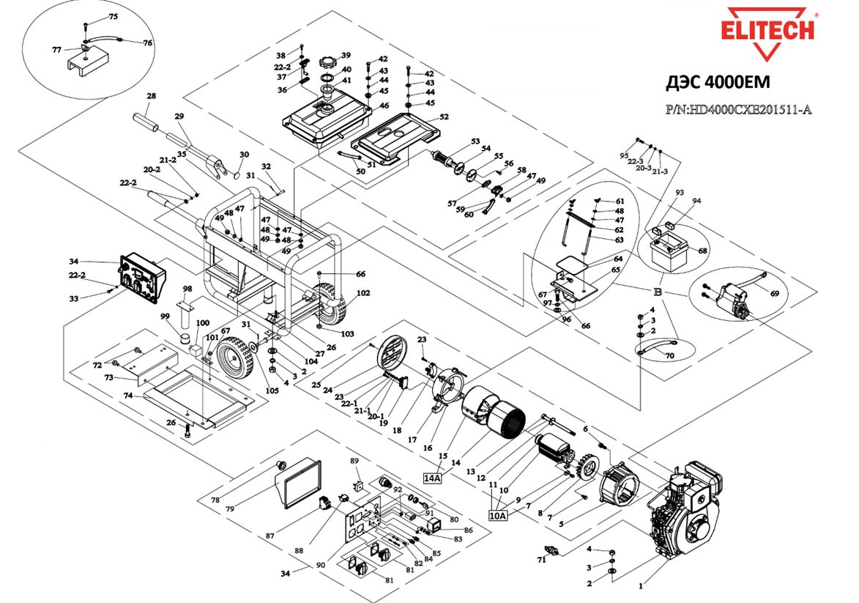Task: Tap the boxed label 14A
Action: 433,478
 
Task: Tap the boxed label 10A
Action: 498,515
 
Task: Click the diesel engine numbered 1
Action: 685,513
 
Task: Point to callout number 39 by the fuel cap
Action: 346,56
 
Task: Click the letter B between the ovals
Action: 658,291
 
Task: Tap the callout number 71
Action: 542,560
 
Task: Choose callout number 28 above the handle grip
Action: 152,96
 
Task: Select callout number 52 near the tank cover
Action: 444,117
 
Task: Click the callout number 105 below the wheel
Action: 272,391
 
